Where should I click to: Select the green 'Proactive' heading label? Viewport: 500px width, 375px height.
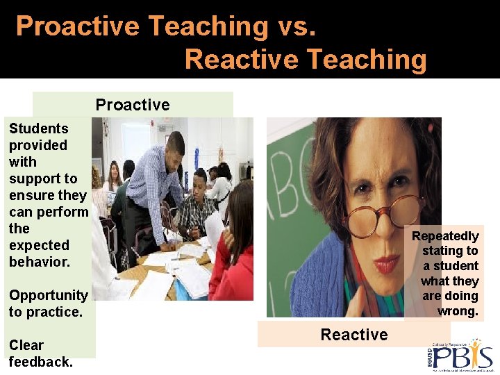coord(133,105)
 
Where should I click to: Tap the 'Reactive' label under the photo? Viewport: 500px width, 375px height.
coord(354,335)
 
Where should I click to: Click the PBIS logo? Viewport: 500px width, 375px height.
coord(459,355)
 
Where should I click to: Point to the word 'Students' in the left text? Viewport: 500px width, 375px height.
coord(38,128)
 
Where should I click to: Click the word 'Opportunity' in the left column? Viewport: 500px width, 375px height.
coord(48,295)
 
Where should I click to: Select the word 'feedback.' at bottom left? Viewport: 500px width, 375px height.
coord(40,362)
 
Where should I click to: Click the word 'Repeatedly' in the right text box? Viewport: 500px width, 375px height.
coord(445,236)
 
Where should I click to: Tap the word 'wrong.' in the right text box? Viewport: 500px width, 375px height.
coord(458,311)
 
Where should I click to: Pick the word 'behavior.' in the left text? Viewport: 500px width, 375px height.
coord(40,262)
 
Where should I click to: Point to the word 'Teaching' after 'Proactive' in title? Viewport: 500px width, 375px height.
coord(208,26)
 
